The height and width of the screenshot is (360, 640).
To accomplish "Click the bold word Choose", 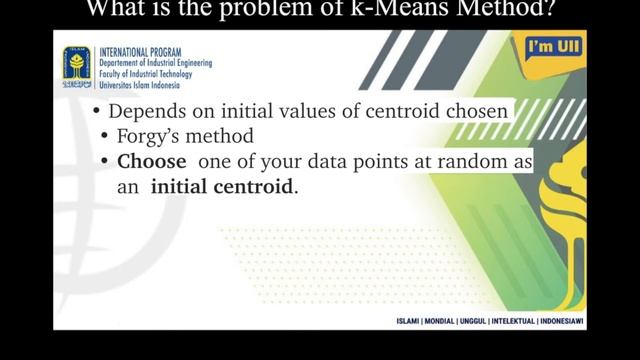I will pos(151,161).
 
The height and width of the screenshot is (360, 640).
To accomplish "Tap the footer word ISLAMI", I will pos(414,322).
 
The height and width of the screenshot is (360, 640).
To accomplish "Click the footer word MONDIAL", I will pos(453,322).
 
